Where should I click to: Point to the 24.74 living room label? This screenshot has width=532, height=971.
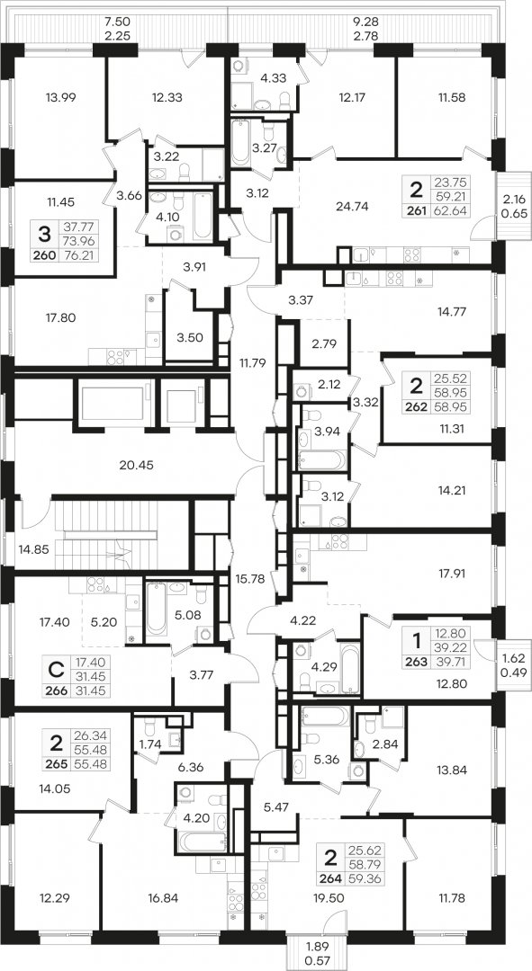tap(351, 207)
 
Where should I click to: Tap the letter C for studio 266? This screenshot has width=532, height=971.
tap(56, 670)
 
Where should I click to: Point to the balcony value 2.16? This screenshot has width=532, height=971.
tap(513, 199)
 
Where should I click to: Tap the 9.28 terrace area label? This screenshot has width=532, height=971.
tap(365, 22)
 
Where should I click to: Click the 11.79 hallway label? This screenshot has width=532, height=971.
tap(252, 363)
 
